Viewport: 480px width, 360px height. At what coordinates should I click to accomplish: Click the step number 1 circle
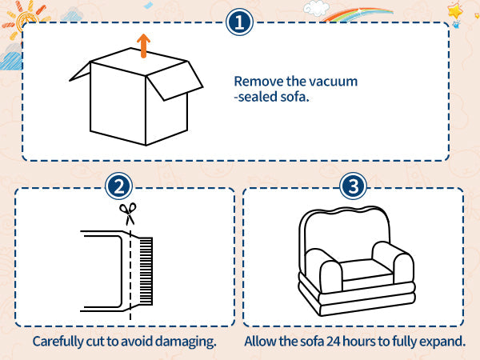coord(239,22)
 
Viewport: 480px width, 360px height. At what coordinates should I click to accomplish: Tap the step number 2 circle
coord(118,186)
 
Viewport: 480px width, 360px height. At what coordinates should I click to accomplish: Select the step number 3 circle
coord(353,186)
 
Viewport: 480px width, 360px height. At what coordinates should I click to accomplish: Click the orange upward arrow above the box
coord(143,46)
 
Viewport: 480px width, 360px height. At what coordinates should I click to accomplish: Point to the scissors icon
coord(128,214)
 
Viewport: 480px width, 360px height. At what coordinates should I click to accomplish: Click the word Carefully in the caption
coord(58,342)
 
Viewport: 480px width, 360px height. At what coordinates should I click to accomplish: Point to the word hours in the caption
coord(359,342)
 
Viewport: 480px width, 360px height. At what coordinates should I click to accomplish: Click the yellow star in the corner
coord(455,12)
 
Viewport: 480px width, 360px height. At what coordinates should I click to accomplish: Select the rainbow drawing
coord(358,14)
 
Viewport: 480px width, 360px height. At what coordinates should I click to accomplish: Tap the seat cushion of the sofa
coord(366,270)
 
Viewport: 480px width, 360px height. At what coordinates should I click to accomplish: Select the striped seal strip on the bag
coord(146,271)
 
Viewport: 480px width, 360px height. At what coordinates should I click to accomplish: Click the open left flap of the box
coord(80,72)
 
